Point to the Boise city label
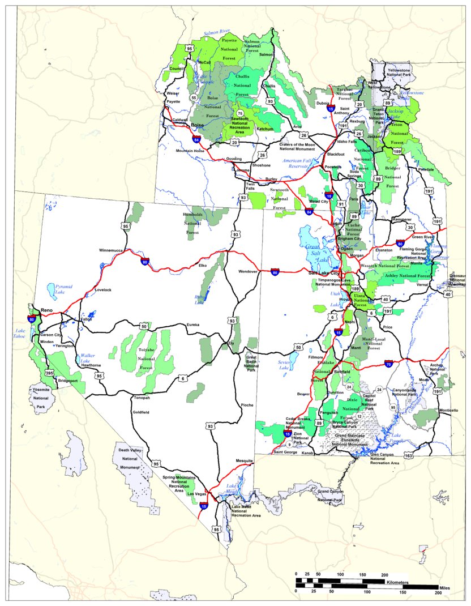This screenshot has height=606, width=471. pyautogui.click(x=197, y=125)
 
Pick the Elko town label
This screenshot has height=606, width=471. pyautogui.click(x=202, y=265)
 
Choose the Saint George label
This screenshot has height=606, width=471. pyautogui.click(x=285, y=451)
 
